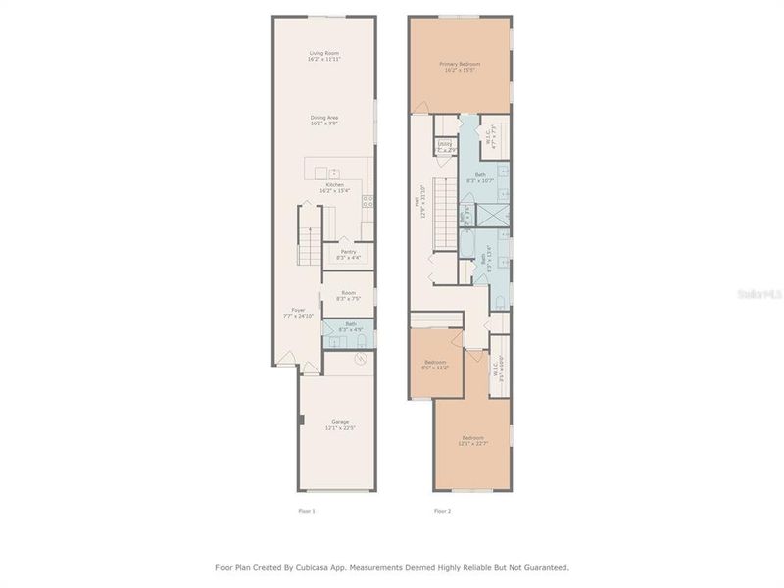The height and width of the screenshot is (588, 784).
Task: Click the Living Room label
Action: pos(324,56)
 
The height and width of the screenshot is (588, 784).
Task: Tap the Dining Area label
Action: pos(324,121)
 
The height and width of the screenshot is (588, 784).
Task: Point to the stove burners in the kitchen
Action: pos(368,203)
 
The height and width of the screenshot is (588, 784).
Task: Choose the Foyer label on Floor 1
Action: pos(298,313)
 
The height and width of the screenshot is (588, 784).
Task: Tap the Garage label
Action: pos(339,425)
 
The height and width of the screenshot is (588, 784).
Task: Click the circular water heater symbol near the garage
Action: pos(361,359)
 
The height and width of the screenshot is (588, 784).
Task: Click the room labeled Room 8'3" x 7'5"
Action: pos(348,295)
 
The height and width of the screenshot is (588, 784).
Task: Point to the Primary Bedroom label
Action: pos(461,67)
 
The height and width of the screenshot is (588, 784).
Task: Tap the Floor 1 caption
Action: pos(306,511)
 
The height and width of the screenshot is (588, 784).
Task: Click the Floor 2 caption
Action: pos(442,511)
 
